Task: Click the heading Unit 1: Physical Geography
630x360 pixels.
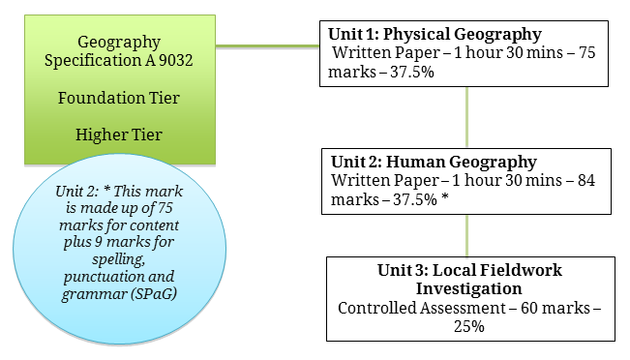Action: click(x=435, y=35)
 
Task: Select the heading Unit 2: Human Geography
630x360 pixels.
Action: click(x=434, y=162)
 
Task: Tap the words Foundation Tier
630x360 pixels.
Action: click(x=119, y=98)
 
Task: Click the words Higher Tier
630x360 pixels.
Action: click(x=119, y=135)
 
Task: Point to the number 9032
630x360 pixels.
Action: click(x=175, y=60)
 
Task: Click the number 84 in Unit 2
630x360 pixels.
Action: click(x=586, y=180)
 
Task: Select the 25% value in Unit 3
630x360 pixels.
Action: click(x=469, y=326)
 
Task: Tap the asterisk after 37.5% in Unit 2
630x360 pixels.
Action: click(x=445, y=197)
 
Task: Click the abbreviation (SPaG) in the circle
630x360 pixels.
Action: click(x=154, y=293)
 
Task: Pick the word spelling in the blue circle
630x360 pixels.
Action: click(x=118, y=259)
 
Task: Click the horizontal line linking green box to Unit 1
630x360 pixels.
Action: click(x=268, y=46)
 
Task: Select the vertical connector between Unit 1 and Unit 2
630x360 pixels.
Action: click(x=466, y=117)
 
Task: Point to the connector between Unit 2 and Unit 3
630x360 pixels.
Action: click(x=466, y=236)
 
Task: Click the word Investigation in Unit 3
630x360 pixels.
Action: click(x=469, y=289)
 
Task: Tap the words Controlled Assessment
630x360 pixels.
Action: click(x=422, y=308)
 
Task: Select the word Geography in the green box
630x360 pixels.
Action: click(x=119, y=43)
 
